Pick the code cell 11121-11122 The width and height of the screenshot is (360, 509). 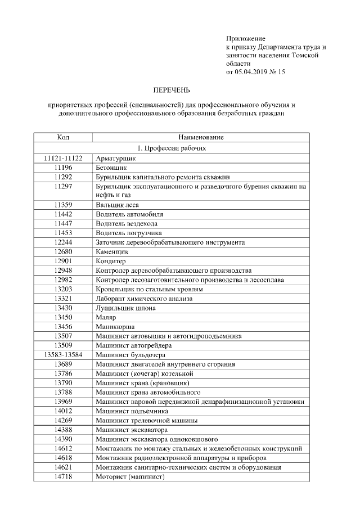[63, 159]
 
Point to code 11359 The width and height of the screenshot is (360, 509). [63, 205]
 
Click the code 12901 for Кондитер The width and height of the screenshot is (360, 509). [63, 261]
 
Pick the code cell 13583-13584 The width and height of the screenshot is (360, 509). [63, 354]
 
